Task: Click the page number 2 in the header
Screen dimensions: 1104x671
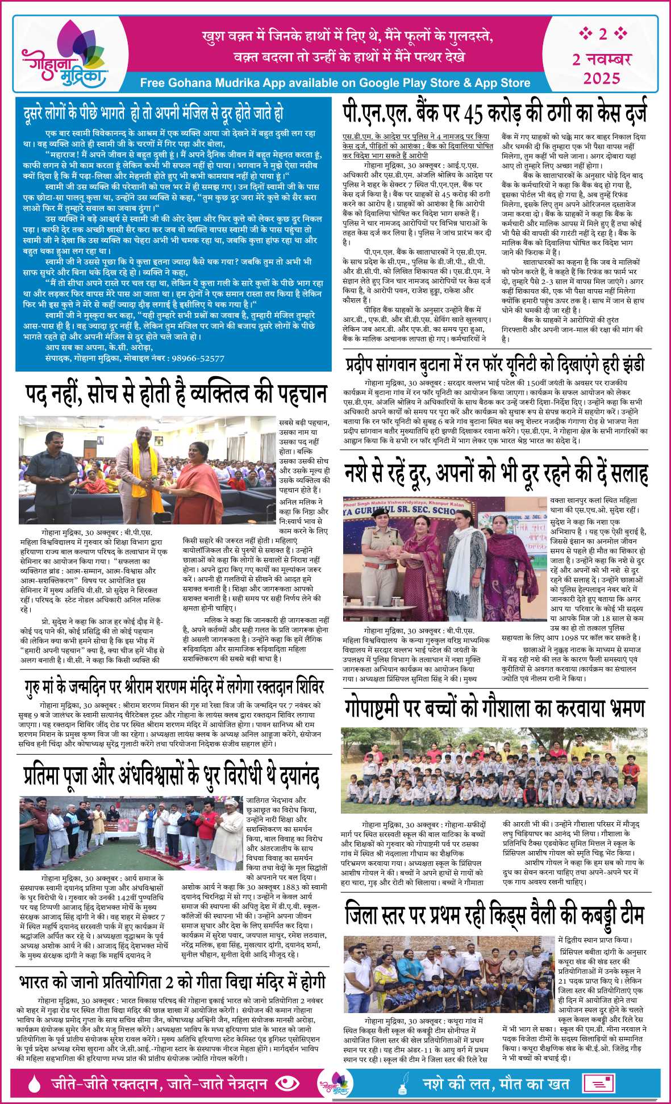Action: point(602,34)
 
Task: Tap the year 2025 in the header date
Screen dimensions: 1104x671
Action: point(602,78)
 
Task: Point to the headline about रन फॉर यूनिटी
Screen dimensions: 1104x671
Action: point(494,364)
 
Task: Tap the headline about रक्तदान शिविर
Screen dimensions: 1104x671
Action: point(174,686)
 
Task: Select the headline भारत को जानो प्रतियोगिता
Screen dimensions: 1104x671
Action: point(170,981)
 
